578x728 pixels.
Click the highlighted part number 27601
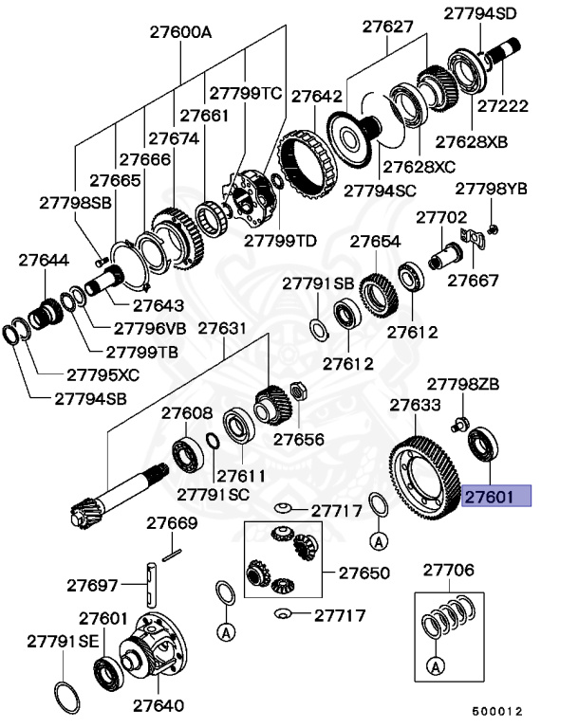pos(496,497)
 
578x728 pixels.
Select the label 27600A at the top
pos(180,31)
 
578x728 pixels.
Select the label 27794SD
pos(481,12)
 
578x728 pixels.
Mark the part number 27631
pos(221,329)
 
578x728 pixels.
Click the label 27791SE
pos(63,642)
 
